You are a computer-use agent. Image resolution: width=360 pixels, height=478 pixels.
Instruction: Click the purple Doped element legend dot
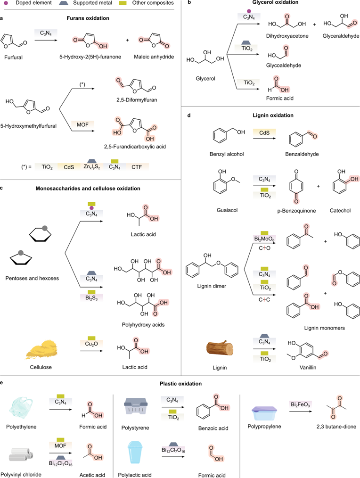click(6, 3)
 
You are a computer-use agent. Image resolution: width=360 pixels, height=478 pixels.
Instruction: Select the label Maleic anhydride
click(154, 58)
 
